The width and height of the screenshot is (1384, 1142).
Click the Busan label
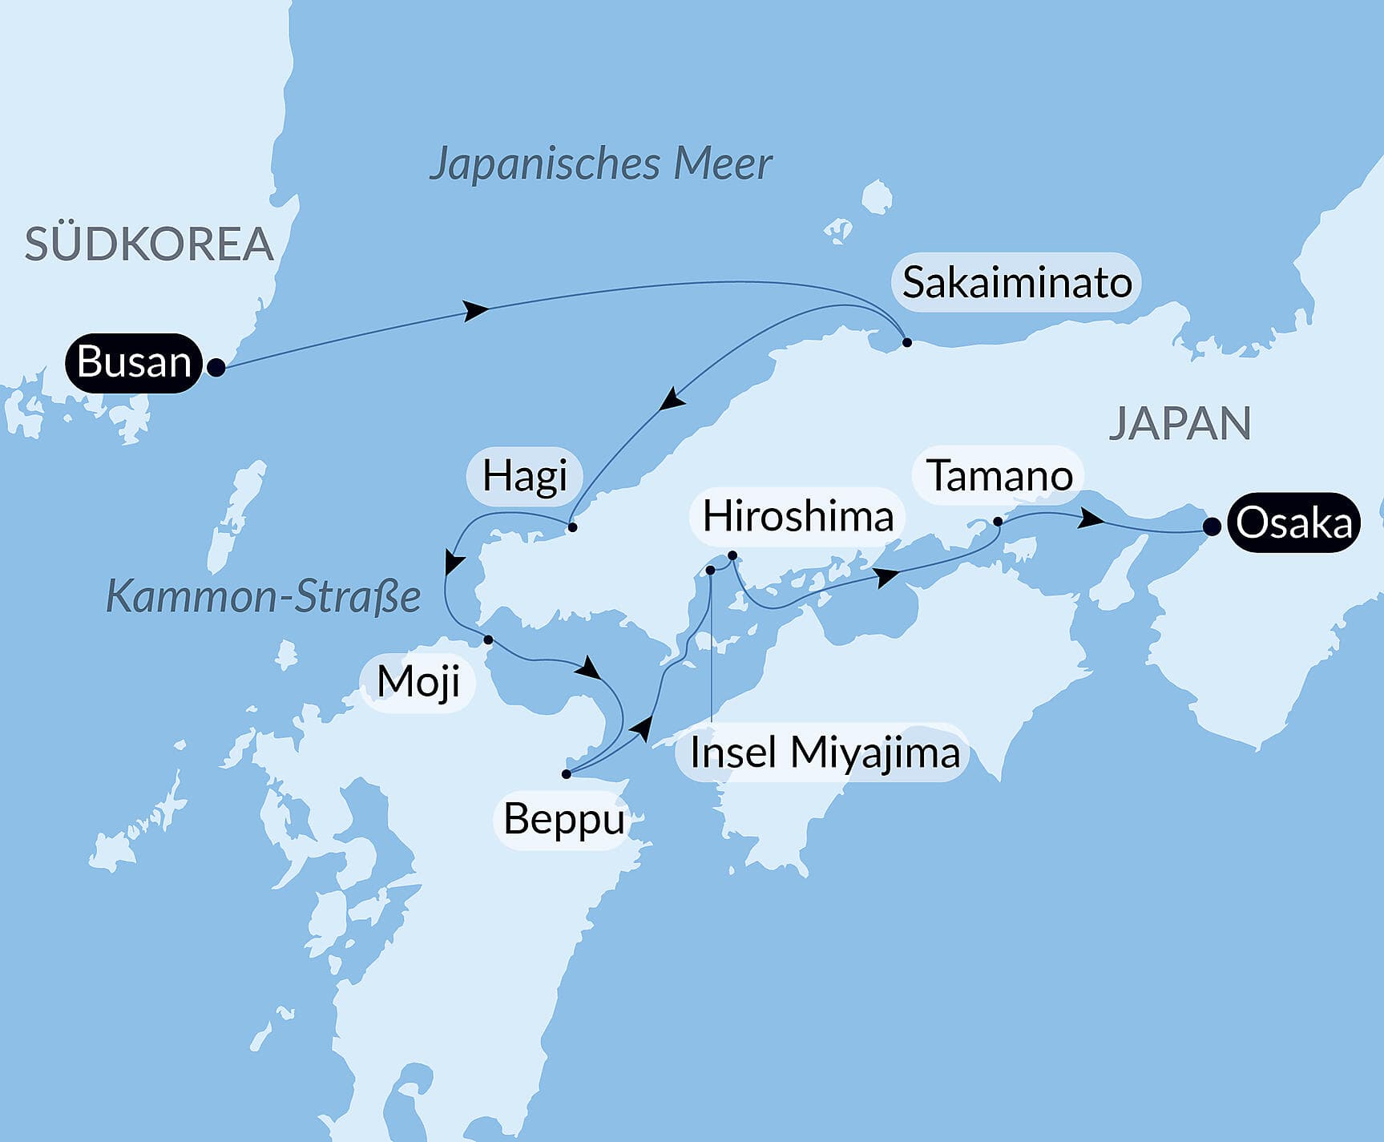click(x=134, y=362)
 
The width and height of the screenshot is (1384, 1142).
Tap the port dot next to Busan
click(x=216, y=368)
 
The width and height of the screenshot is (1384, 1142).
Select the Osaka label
click(x=1293, y=523)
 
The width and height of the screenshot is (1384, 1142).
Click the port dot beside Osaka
click(x=1213, y=527)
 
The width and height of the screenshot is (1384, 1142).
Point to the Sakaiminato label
click(x=1016, y=283)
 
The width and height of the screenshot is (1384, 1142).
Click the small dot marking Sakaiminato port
click(x=907, y=342)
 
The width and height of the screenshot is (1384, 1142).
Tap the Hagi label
click(x=524, y=476)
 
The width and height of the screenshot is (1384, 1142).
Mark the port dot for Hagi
click(x=572, y=527)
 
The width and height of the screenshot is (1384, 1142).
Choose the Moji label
click(x=418, y=682)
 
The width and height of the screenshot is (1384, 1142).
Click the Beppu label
click(x=563, y=820)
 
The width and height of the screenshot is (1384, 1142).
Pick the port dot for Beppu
click(x=567, y=774)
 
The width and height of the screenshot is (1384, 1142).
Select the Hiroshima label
click(x=797, y=516)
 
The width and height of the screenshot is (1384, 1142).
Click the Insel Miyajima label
click(x=824, y=753)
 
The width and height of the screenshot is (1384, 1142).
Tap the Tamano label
click(x=999, y=476)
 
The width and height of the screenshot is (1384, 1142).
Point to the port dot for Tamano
click(x=998, y=522)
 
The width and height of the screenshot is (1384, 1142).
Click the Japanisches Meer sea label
click(x=600, y=164)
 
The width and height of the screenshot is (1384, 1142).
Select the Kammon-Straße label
click(x=263, y=597)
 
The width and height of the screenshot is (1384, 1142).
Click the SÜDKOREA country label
click(x=149, y=244)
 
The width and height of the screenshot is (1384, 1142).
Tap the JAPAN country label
click(x=1179, y=424)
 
